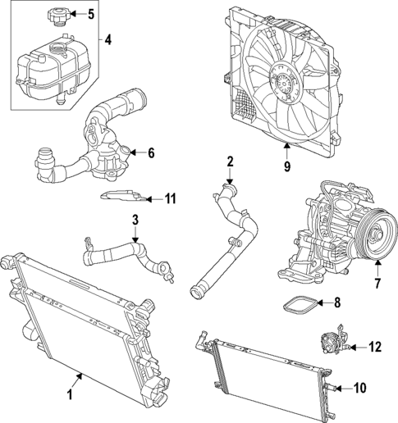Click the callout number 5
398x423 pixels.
point(91,14)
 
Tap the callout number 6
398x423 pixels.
point(150,152)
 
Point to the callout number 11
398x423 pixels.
point(171,198)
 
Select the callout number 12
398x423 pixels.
point(374,348)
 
